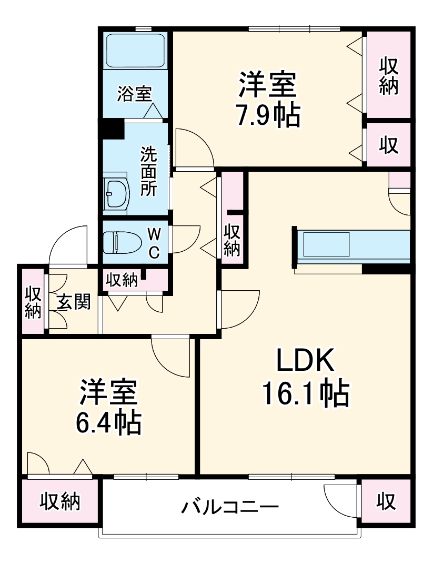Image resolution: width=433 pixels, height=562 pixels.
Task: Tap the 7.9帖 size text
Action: pos(267,115)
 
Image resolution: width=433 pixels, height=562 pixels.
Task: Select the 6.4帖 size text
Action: pos(108,422)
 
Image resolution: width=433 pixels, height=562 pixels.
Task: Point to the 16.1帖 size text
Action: pos(306,393)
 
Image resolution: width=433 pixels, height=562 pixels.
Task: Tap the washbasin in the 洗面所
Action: pos(117,193)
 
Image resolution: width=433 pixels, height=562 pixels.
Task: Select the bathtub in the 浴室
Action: pos(135,50)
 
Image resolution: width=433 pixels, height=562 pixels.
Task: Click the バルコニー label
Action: pos(230,508)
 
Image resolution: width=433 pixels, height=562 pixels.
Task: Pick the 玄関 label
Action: pos(74,302)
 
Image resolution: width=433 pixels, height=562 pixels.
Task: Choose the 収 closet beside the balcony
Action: pos(386,501)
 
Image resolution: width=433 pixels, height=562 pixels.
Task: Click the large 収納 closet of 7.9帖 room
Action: pos(388,75)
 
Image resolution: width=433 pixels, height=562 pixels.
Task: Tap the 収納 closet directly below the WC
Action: pos(122,280)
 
